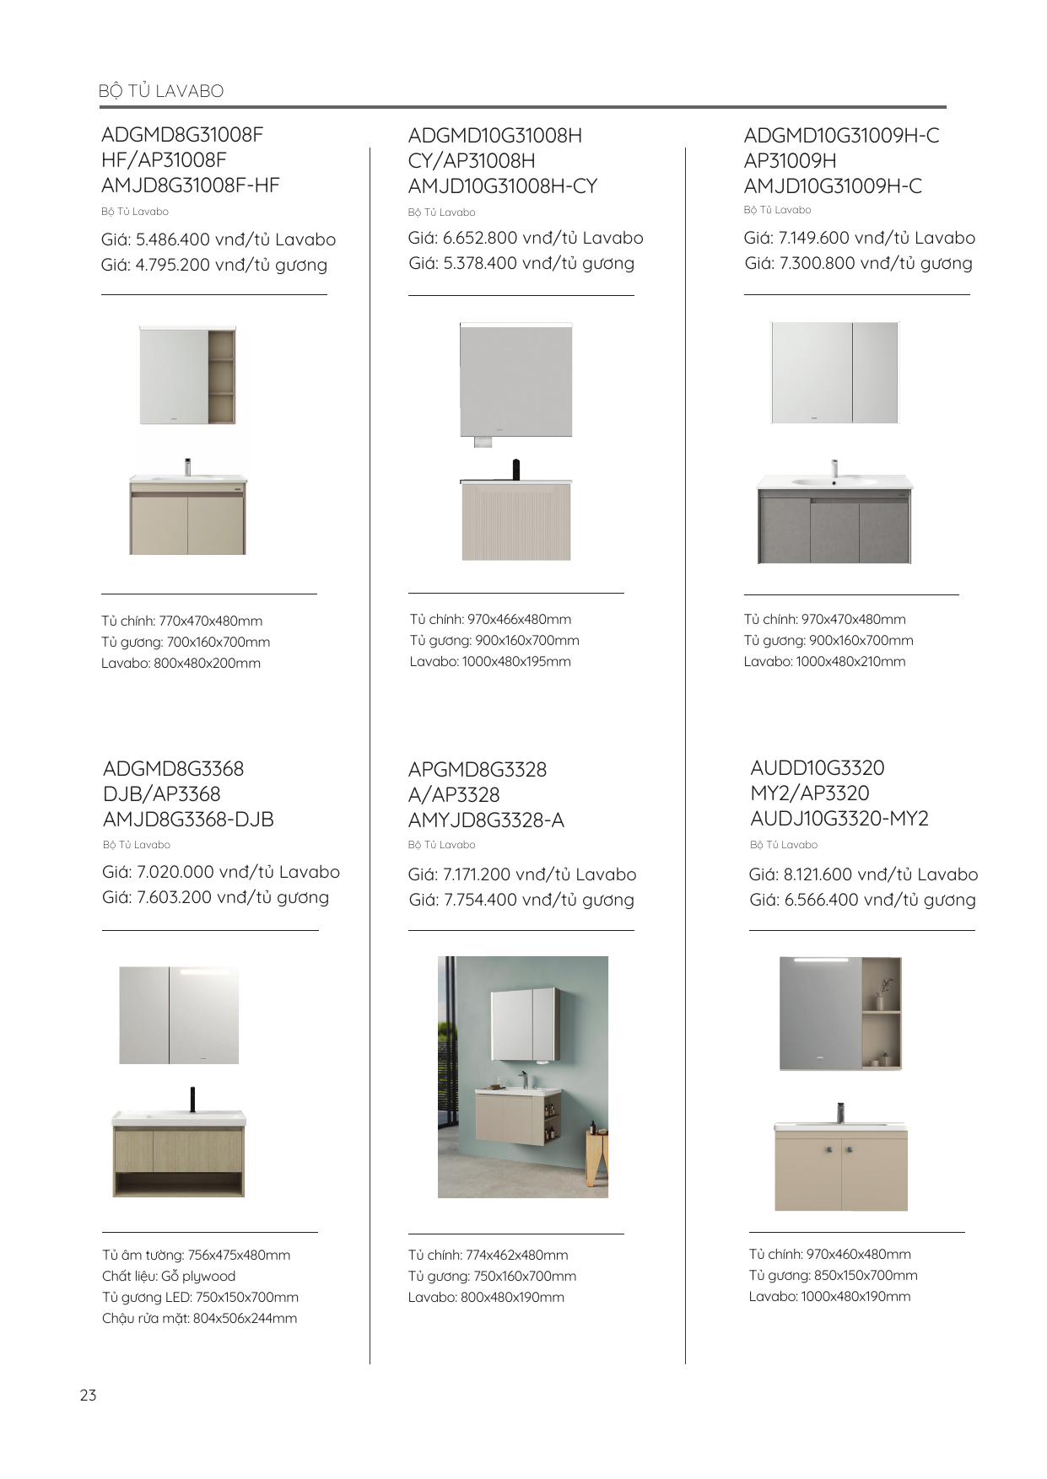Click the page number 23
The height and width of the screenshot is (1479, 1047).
[x=89, y=1396]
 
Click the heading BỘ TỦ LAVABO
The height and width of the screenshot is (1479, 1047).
[x=161, y=91]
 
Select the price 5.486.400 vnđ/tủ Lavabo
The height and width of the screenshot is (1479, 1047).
[x=219, y=239]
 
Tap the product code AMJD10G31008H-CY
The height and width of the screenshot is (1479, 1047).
[x=503, y=186]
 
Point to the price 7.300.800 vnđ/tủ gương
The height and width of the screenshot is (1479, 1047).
[x=858, y=263]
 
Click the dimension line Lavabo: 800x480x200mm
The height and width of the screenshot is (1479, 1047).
[x=181, y=664]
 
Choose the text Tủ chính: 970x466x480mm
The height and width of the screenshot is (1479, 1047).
[x=490, y=620]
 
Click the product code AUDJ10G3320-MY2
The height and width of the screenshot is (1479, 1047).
[x=839, y=819]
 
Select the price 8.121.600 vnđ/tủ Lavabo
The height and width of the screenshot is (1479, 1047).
[x=863, y=874]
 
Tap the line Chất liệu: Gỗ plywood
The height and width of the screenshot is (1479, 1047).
[x=169, y=1277]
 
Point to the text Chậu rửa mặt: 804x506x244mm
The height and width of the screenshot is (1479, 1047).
[x=199, y=1319]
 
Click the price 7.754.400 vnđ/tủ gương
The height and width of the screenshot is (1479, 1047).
[x=521, y=900]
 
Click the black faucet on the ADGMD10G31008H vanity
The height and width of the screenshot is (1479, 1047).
[x=516, y=469]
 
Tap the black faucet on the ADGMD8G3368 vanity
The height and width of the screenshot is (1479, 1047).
[x=192, y=1099]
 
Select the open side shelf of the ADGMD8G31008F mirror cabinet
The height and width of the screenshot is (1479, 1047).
[x=222, y=376]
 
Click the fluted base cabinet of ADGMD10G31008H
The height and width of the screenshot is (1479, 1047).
[x=516, y=522]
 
